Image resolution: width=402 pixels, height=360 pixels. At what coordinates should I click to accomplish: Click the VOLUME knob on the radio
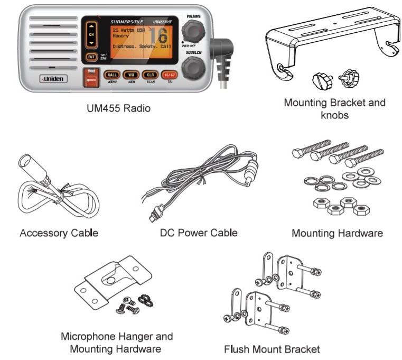click(x=193, y=32)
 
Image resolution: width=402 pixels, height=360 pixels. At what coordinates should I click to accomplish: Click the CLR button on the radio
click(x=150, y=75)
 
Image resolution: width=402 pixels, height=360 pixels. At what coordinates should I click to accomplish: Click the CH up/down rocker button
click(x=91, y=34)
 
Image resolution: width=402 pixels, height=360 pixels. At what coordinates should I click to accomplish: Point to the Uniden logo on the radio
click(x=53, y=79)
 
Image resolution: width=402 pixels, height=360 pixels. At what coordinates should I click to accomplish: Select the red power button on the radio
click(x=91, y=77)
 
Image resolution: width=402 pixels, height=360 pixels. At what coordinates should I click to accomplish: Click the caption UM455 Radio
click(x=118, y=109)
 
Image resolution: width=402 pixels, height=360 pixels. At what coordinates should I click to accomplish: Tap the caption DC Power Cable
click(x=199, y=233)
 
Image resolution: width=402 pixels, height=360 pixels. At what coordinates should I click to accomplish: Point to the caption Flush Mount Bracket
click(x=272, y=349)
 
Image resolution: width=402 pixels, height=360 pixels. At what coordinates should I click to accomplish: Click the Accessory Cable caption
click(x=59, y=233)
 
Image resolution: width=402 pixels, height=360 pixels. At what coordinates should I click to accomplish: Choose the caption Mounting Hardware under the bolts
click(x=337, y=233)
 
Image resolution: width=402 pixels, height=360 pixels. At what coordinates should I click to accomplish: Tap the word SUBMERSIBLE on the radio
click(x=127, y=22)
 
